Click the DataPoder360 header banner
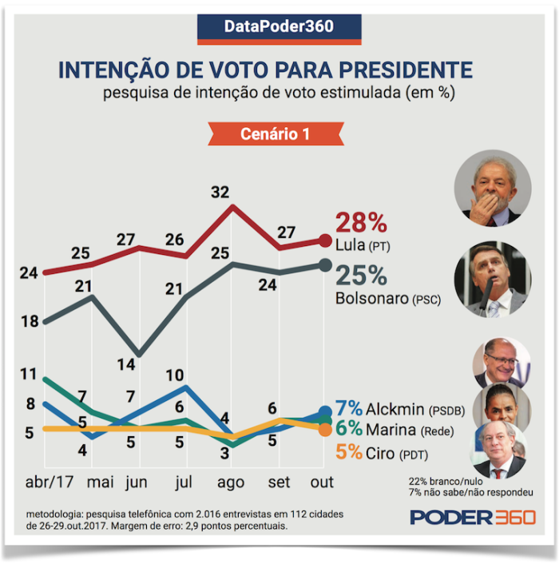click(x=279, y=26)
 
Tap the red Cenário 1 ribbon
click(x=275, y=134)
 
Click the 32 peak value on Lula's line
click(x=220, y=192)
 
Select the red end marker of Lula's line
click(x=324, y=240)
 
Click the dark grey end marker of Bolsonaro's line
click(x=324, y=264)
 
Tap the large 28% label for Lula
click(x=361, y=223)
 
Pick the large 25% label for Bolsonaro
click(x=361, y=276)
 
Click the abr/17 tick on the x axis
click(x=46, y=483)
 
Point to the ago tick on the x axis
click(x=232, y=483)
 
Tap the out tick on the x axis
click(x=323, y=483)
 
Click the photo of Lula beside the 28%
click(x=492, y=190)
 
